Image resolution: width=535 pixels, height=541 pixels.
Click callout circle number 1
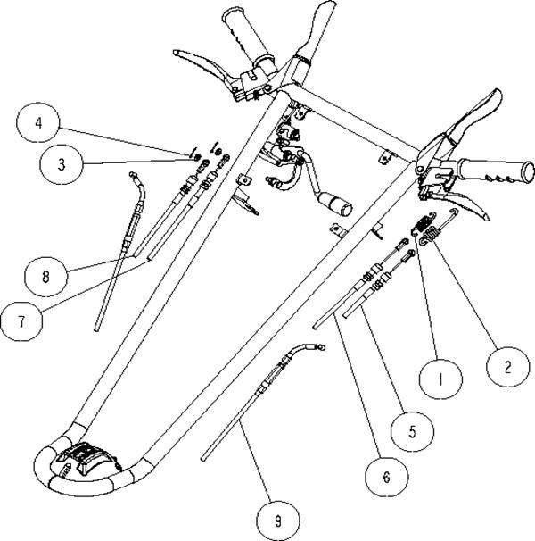[x=440, y=379]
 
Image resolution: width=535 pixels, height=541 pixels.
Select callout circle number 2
[x=507, y=367]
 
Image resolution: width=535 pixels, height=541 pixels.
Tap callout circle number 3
[x=62, y=164]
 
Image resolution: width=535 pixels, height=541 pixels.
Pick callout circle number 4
[x=38, y=122]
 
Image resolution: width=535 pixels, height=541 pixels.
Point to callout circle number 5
[x=412, y=431]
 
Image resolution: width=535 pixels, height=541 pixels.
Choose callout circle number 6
[x=387, y=478]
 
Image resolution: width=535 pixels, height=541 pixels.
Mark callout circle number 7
[x=21, y=321]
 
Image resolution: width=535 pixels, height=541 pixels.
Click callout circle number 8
[x=45, y=276]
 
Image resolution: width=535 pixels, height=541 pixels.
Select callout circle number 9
[x=278, y=520]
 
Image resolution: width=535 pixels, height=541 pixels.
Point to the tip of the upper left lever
[x=175, y=53]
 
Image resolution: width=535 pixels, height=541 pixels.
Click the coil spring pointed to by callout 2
[x=427, y=236]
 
